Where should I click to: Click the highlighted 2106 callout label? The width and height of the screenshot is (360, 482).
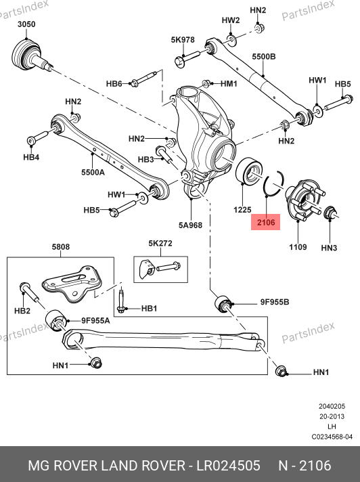266,222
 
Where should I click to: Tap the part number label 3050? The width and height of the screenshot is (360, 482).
26,24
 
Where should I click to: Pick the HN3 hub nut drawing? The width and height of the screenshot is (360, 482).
331,213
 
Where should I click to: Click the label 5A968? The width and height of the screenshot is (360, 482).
190,225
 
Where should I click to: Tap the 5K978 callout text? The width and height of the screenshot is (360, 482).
183,40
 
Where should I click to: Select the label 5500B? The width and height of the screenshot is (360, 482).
264,57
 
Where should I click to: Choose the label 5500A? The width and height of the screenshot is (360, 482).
93,173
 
